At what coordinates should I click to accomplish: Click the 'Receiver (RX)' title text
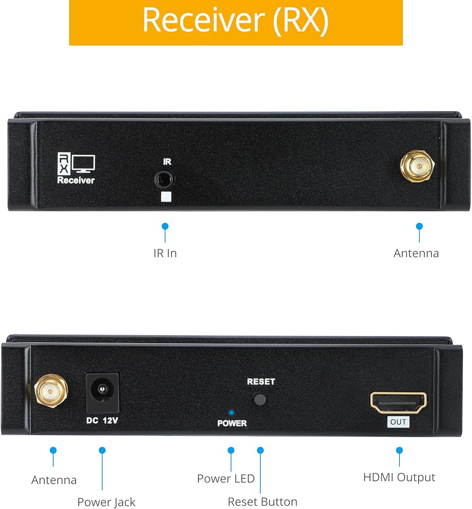[236, 20]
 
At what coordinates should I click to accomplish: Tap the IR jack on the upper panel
[164, 180]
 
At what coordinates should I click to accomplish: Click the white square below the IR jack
[166, 196]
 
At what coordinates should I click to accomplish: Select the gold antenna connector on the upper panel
[417, 166]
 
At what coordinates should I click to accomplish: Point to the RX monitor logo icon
[76, 163]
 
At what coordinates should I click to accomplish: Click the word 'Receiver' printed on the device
[76, 180]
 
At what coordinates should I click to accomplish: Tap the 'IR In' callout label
[165, 253]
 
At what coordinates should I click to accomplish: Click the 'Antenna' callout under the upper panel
[416, 253]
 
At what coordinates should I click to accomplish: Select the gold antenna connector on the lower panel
[51, 391]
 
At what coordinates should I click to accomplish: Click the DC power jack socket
[102, 393]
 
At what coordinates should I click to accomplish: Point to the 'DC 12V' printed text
[102, 420]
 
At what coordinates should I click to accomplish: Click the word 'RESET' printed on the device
[261, 382]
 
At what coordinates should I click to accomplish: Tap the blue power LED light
[232, 413]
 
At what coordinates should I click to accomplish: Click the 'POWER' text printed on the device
[232, 423]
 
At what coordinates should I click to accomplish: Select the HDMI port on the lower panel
[398, 403]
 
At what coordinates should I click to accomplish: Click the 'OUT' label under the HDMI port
[398, 422]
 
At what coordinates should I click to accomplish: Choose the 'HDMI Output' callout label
[399, 477]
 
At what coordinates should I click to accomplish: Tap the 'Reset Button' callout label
[263, 502]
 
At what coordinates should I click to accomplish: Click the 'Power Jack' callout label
[106, 502]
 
